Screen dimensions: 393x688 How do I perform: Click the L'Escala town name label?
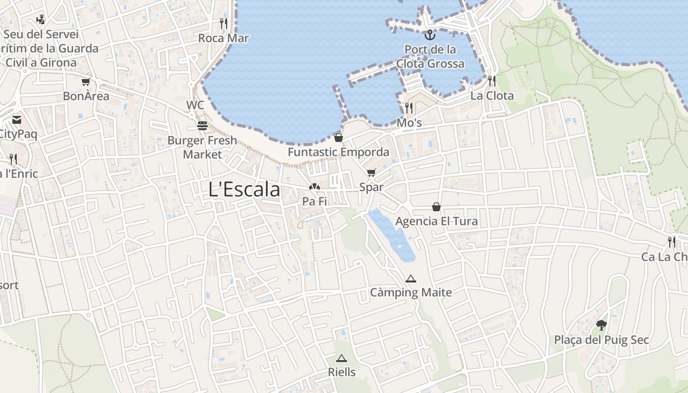(244, 190)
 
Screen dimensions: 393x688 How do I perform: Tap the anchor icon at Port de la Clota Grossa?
(430, 35)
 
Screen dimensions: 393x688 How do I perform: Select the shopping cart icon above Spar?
(371, 173)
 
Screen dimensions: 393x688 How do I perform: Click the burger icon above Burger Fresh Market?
(202, 126)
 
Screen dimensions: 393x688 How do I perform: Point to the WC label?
(195, 105)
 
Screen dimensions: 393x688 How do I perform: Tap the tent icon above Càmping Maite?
(411, 279)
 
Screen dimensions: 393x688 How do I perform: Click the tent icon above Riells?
(342, 358)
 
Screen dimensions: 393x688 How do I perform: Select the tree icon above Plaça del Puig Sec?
(601, 325)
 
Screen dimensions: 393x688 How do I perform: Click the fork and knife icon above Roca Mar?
(224, 23)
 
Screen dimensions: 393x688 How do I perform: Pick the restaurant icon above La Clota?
(492, 81)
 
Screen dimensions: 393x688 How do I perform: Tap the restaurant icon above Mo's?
(409, 108)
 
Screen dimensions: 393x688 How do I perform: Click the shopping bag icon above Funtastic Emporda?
(338, 138)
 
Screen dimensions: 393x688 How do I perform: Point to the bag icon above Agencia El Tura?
(436, 207)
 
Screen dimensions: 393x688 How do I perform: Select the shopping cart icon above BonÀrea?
(86, 82)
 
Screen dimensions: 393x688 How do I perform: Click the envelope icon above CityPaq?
(17, 120)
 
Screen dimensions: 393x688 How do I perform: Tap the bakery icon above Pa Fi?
(315, 187)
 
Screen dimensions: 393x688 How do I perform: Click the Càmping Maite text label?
(411, 293)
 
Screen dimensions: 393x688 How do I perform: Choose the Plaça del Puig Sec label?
(602, 340)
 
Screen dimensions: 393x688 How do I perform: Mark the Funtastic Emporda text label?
(338, 152)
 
